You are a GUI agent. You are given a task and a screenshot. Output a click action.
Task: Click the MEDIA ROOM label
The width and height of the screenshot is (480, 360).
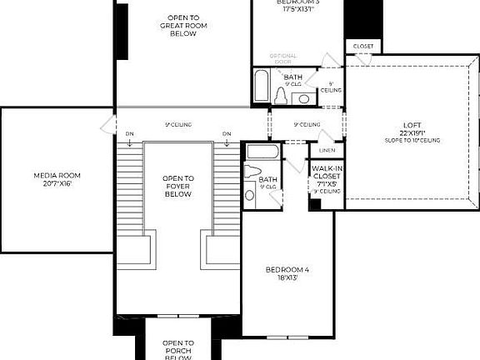pos(56,175)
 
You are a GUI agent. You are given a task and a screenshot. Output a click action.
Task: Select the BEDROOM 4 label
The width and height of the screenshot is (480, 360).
pos(287,270)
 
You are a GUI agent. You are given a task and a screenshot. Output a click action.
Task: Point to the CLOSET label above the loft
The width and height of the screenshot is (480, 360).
pos(363,46)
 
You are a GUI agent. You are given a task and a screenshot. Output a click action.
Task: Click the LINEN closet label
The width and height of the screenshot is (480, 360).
pos(327,151)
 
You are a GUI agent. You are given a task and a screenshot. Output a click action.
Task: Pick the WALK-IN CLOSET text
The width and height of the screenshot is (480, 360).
pos(327,172)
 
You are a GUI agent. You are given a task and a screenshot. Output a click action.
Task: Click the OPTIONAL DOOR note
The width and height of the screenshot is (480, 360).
pos(283,60)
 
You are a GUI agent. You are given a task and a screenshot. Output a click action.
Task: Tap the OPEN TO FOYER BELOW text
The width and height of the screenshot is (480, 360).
pos(178,186)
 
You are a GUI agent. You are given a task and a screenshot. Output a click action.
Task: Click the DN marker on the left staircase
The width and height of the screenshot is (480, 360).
pos(130,133)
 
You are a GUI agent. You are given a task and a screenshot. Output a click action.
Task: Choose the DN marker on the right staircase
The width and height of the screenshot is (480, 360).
pos(227,133)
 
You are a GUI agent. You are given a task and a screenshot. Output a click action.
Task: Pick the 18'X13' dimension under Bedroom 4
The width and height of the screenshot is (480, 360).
pos(287,278)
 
